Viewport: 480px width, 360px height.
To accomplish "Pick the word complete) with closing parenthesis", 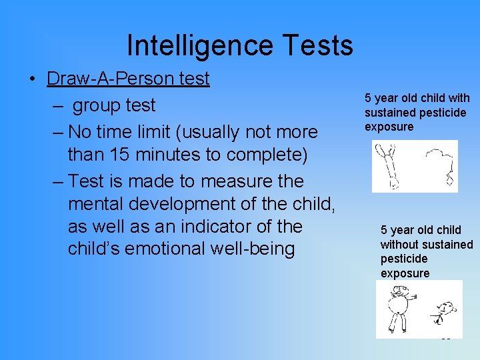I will coord(267,154).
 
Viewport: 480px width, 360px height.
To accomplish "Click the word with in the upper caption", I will coord(458,98).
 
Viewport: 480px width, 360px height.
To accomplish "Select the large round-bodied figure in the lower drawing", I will coord(398,308).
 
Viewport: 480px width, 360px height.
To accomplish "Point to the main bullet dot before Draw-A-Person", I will coord(32,79).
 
